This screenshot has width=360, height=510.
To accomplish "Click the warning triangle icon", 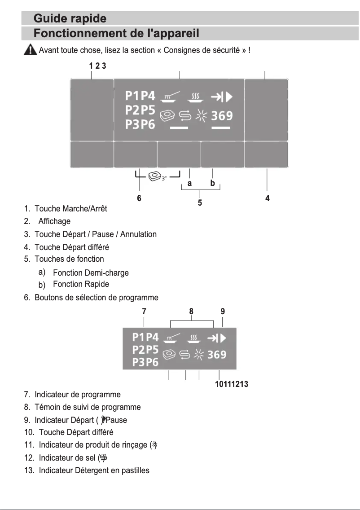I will pyautogui.click(x=30, y=50).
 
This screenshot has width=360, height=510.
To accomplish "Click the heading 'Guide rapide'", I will pyautogui.click(x=70, y=19).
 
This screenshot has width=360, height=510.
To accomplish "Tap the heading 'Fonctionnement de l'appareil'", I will pyautogui.click(x=116, y=34).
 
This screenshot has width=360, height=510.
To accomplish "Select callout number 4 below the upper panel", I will pyautogui.click(x=268, y=198).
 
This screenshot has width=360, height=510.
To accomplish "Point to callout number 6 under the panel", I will pyautogui.click(x=139, y=198).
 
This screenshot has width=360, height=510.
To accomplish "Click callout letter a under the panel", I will pyautogui.click(x=190, y=183).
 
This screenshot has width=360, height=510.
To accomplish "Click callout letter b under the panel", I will pyautogui.click(x=212, y=183).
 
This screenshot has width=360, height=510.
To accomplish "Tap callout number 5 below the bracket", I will pyautogui.click(x=200, y=203).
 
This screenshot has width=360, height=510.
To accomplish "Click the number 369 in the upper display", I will pyautogui.click(x=222, y=116).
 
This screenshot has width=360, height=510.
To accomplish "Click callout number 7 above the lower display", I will pyautogui.click(x=144, y=311).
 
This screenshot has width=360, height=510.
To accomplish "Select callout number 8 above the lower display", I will pyautogui.click(x=191, y=311).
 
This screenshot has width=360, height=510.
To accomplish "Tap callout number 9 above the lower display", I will pyautogui.click(x=223, y=311).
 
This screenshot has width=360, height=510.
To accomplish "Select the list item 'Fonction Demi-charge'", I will pyautogui.click(x=91, y=273).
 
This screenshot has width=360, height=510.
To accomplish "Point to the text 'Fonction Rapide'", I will pyautogui.click(x=81, y=284).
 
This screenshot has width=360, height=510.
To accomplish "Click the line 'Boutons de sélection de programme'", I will pyautogui.click(x=96, y=298).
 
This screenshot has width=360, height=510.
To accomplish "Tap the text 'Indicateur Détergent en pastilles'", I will pyautogui.click(x=94, y=470).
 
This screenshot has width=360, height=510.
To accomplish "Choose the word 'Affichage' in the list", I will pyautogui.click(x=54, y=221).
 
